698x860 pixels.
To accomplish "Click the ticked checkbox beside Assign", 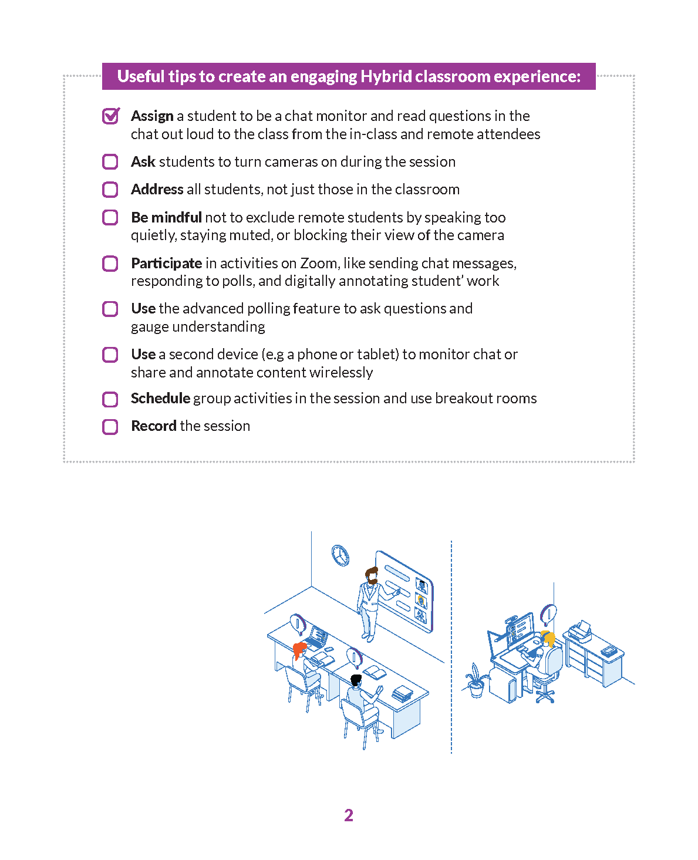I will (x=110, y=116).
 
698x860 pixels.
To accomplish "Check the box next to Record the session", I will (x=110, y=427).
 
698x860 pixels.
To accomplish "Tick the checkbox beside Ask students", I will (x=110, y=162).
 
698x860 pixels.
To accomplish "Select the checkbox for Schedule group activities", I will (x=110, y=399).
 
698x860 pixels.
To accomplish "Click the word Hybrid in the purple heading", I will (x=386, y=77).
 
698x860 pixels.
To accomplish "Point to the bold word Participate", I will (x=166, y=263).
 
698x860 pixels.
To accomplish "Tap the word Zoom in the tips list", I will (x=318, y=263).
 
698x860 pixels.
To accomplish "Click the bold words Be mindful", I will (x=166, y=218).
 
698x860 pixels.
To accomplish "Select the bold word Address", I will (x=157, y=190).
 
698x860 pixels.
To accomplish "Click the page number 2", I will (x=349, y=815).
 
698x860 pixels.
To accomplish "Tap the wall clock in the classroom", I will (x=340, y=555).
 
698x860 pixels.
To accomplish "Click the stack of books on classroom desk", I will (x=402, y=693).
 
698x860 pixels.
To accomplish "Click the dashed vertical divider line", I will (x=451, y=646).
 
